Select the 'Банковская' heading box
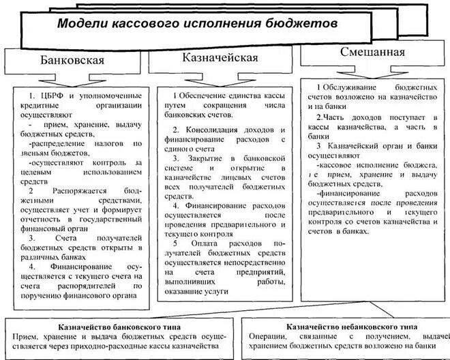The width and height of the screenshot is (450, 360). click(72, 60)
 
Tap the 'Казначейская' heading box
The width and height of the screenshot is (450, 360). click(220, 57)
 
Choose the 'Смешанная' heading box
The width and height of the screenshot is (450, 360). click(372, 52)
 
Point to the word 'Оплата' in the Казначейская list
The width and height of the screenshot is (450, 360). click(202, 243)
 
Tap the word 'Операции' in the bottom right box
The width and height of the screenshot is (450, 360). click(268, 337)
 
